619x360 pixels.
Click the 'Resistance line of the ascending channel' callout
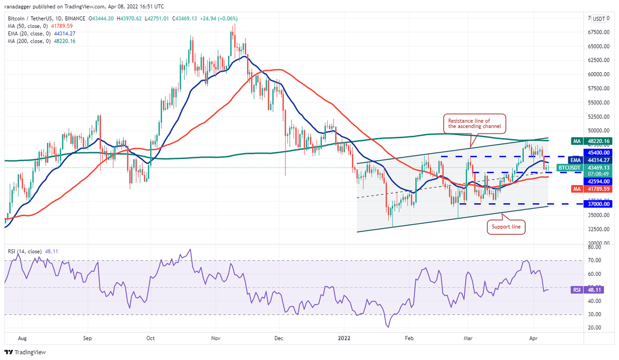[473, 123]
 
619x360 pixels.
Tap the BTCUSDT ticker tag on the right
[570, 168]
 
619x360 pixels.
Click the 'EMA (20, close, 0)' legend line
[41, 34]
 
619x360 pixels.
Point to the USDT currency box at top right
[599, 19]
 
